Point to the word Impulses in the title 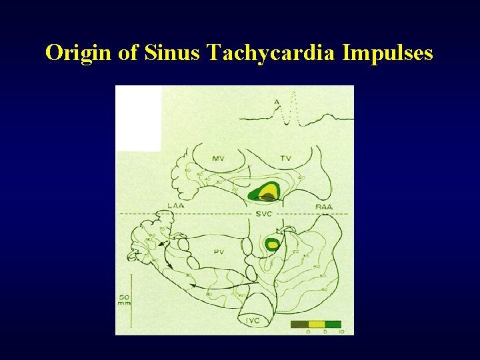tap(388, 52)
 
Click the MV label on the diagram tap(218, 158)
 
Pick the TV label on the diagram tap(285, 158)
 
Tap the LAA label tap(176, 207)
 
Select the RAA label tap(324, 207)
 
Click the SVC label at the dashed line tap(263, 213)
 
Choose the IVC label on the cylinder tap(252, 321)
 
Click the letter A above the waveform tap(277, 101)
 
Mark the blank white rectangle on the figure tap(139, 118)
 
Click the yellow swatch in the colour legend tap(316, 324)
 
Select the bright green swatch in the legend tap(333, 324)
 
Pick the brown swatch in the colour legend tap(299, 324)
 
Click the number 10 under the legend tap(341, 331)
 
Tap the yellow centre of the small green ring tap(271, 245)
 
